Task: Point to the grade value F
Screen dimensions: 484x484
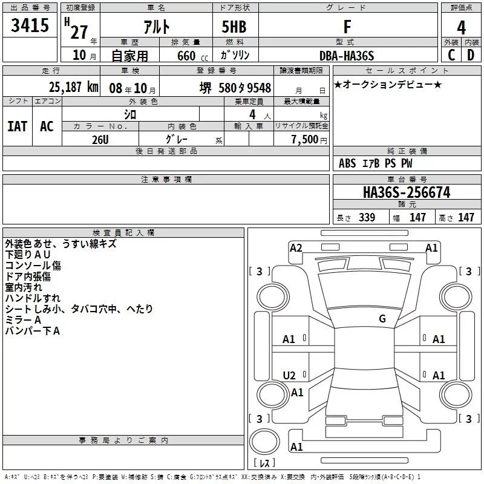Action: coord(347,27)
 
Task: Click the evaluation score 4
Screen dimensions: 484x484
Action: coord(462,28)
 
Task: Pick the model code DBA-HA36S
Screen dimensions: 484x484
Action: coord(347,56)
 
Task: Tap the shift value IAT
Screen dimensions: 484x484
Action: coord(17,126)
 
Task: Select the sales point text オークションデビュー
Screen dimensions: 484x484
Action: coord(388,84)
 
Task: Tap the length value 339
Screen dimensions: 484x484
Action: coord(367,218)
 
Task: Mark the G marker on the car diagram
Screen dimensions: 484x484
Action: coord(382,319)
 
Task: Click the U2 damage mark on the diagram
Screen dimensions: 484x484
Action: coord(289,376)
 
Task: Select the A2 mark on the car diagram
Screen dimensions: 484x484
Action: coord(296,247)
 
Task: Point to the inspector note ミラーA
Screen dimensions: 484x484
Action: coord(23,319)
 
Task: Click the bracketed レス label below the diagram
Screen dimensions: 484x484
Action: coord(265,463)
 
